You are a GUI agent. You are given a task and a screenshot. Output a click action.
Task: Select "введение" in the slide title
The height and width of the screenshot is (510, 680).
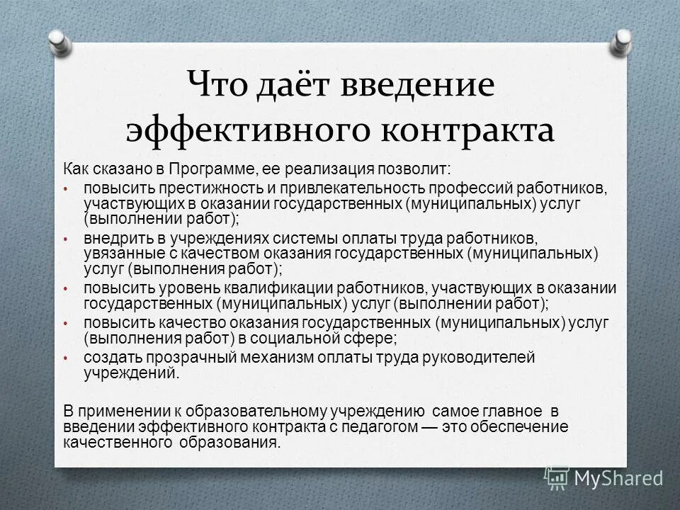pos(416,86)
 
